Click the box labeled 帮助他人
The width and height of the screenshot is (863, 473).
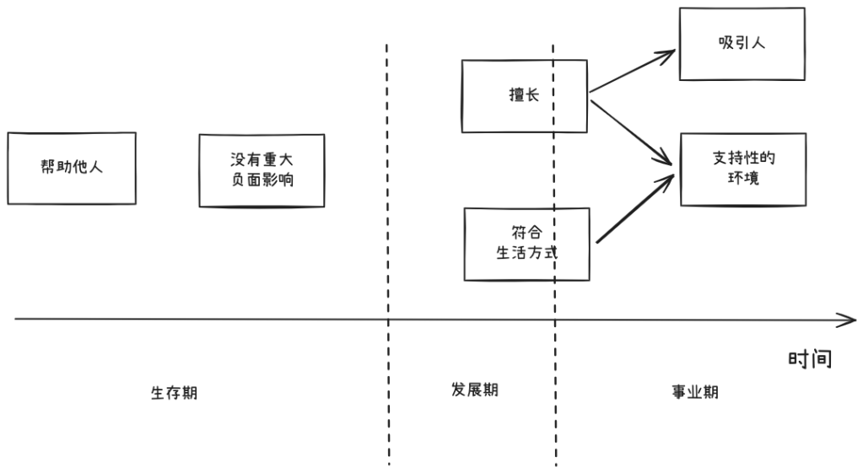click(71, 168)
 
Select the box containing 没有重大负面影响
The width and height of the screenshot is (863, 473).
click(262, 170)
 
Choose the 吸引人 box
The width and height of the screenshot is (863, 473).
click(741, 44)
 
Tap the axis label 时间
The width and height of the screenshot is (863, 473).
click(810, 358)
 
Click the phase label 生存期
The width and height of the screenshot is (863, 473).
click(174, 393)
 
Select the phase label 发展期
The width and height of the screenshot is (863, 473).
click(474, 390)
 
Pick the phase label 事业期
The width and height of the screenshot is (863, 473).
click(695, 392)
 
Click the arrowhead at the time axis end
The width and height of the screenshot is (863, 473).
click(849, 320)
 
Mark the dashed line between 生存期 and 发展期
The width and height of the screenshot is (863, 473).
click(388, 253)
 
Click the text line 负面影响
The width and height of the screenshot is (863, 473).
click(262, 180)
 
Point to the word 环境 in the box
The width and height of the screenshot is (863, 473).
click(742, 179)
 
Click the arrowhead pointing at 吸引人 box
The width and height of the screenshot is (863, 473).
click(670, 53)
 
